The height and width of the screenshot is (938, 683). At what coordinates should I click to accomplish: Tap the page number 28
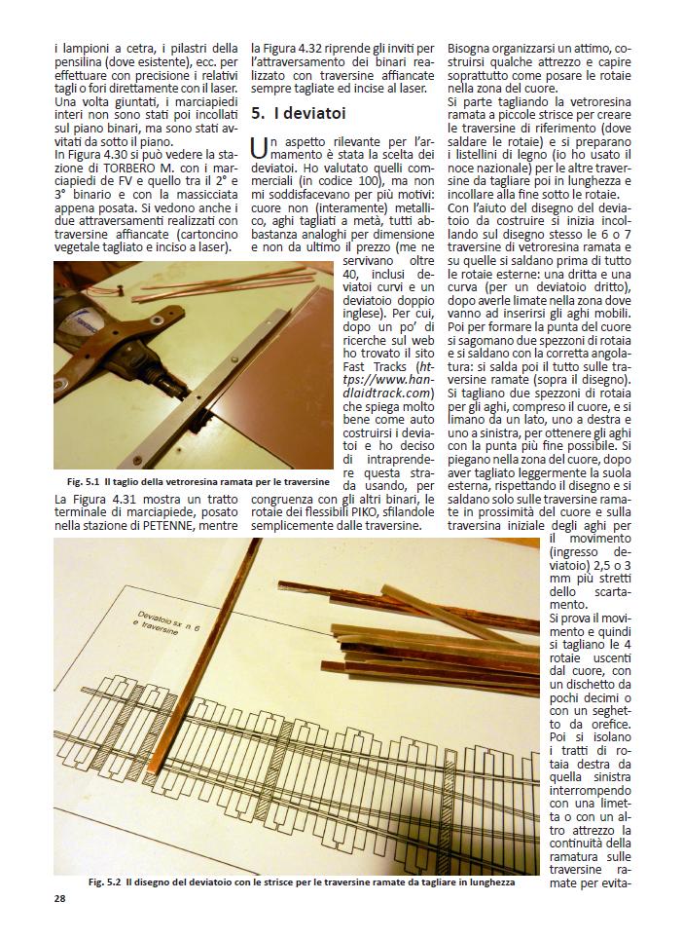coord(60,898)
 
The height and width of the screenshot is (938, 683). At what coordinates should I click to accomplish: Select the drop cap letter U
coord(258,147)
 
